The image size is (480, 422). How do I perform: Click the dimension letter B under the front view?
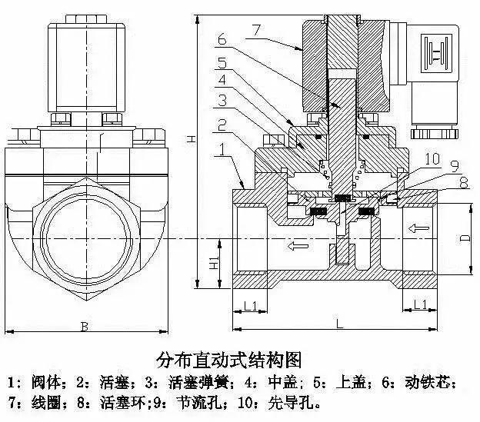tap(84, 327)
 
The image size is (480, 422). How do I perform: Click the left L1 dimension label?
tap(249, 306)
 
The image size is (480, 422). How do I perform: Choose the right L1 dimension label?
tap(421, 306)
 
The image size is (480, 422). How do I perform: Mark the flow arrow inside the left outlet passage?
tap(297, 247)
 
